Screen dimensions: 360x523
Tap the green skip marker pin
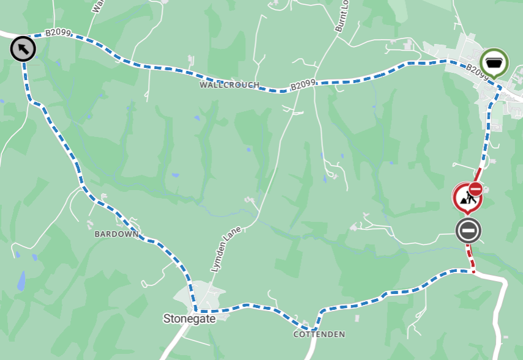494,62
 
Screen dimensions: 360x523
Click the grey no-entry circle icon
469,231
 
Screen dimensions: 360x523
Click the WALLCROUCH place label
229,85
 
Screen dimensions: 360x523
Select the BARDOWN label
116,234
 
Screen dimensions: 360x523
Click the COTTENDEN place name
319,334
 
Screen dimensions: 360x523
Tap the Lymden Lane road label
227,249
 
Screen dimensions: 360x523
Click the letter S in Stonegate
166,318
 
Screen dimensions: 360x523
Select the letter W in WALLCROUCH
202,85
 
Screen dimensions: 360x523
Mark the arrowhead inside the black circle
21,48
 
